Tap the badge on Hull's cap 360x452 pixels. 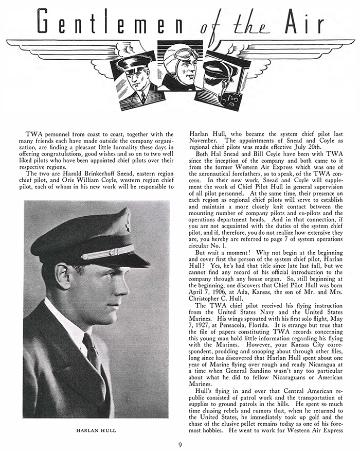point(126,221)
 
